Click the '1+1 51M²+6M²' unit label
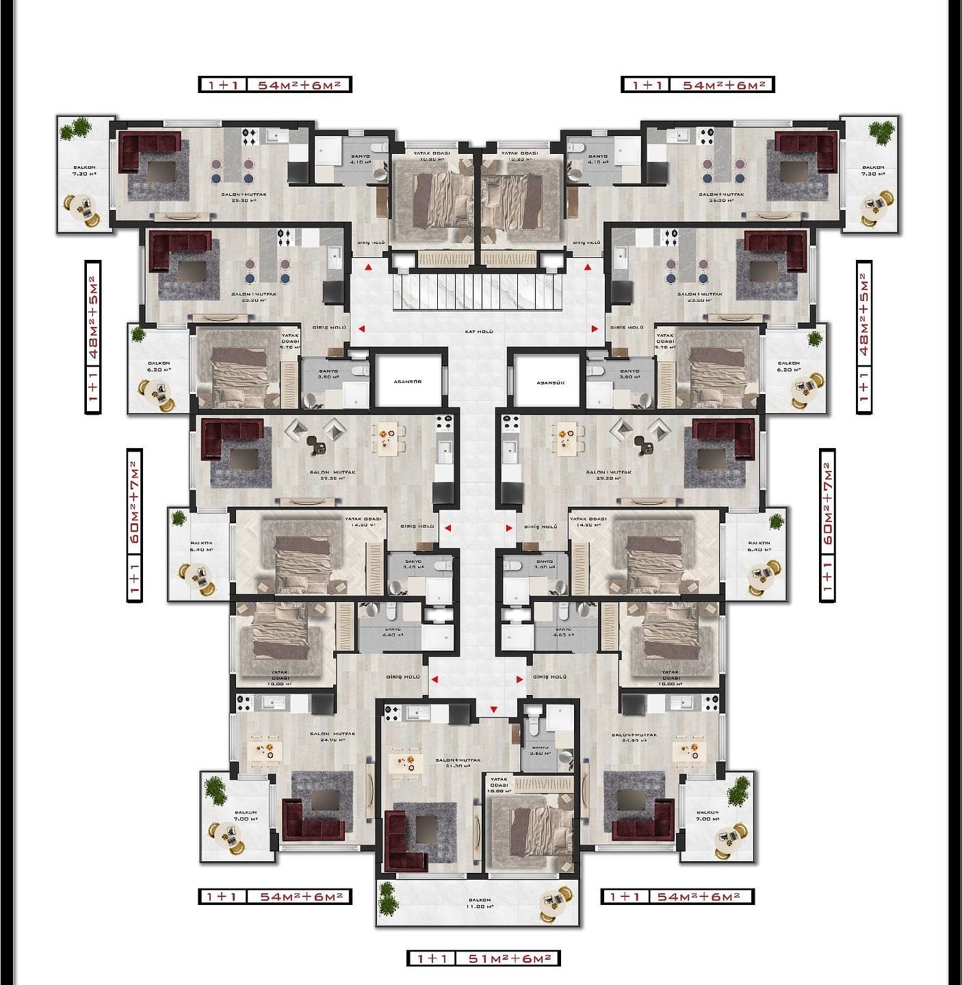coord(483,959)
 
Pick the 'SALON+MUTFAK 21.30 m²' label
coord(458,763)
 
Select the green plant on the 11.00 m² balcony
coord(387,897)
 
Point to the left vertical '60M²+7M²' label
coord(135,525)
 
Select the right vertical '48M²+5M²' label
coord(864,337)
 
